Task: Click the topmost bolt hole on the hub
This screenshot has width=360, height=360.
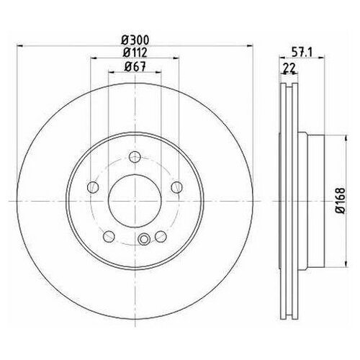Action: coord(133,159)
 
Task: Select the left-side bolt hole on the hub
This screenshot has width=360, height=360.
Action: coord(91,189)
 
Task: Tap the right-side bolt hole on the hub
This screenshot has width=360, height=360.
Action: coord(176,189)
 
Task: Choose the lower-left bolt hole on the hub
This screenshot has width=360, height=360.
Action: coord(108,235)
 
